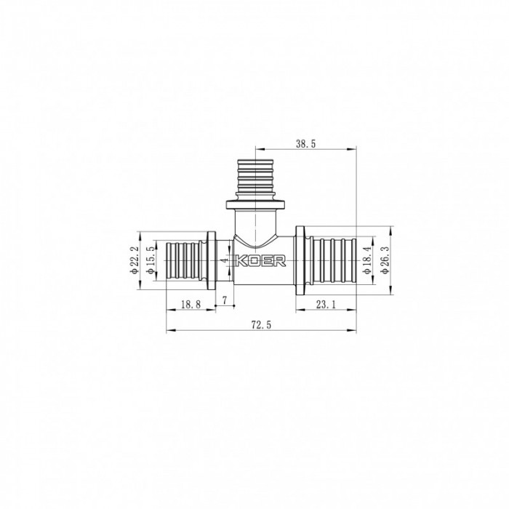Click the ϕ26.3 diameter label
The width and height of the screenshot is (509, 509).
point(385,260)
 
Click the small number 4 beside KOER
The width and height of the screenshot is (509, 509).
point(226,260)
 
